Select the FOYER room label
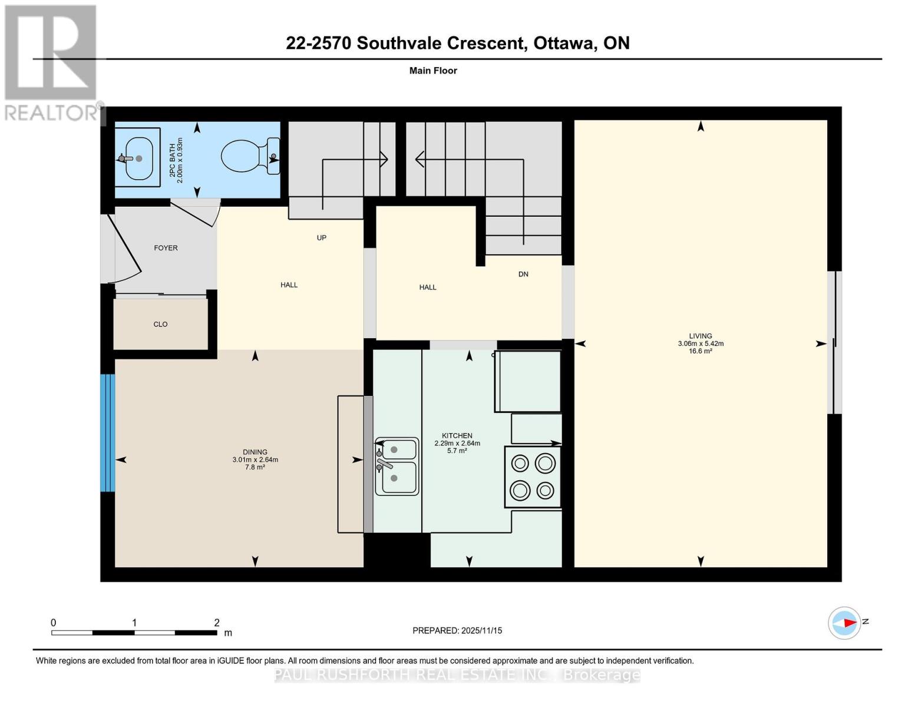click(166, 248)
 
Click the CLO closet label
click(160, 324)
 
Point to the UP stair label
click(321, 238)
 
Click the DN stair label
click(523, 274)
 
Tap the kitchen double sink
click(397, 466)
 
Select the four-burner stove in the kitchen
click(533, 477)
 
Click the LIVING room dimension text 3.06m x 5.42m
click(701, 343)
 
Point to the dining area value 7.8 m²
click(255, 467)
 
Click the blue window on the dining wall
click(107, 432)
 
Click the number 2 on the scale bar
click(217, 623)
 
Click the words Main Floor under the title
click(433, 71)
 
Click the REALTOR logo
click(52, 62)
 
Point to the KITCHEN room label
click(457, 435)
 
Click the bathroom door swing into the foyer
click(200, 212)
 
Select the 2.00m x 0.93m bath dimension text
click(180, 160)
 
